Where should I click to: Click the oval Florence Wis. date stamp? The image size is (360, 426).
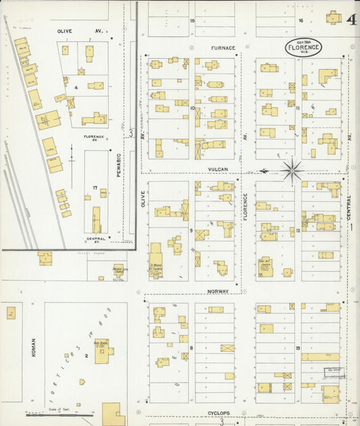pyautogui.click(x=303, y=47)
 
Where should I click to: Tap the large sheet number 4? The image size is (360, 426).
pyautogui.click(x=352, y=19)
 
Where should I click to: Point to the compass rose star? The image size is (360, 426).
pyautogui.click(x=292, y=170)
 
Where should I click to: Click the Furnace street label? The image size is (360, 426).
pyautogui.click(x=222, y=48)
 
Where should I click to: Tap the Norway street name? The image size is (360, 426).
pyautogui.click(x=218, y=292)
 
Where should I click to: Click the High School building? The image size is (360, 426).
pyautogui.click(x=103, y=351)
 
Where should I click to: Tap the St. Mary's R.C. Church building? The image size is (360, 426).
pyautogui.click(x=156, y=260)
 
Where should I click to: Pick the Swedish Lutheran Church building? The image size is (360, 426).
pyautogui.click(x=119, y=271)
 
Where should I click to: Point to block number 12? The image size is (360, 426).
pyautogui.click(x=298, y=231)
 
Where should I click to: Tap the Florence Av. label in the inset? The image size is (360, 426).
pyautogui.click(x=94, y=138)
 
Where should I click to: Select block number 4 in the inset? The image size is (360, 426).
pyautogui.click(x=76, y=87)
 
